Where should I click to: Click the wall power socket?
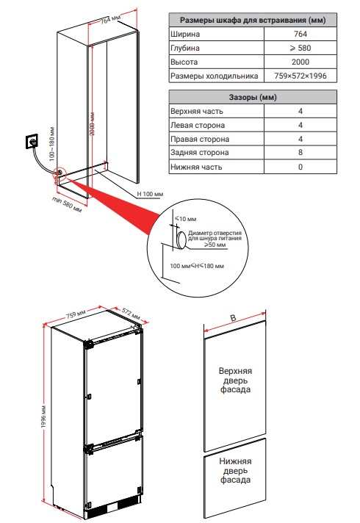32,142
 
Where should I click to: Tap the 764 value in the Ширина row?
300,34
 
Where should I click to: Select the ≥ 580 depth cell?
300,48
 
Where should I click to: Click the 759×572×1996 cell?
300,76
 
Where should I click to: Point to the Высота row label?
184,62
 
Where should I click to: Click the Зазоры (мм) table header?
253,98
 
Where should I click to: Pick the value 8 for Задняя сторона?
300,153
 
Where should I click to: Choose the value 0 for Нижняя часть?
300,167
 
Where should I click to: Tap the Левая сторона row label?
198,126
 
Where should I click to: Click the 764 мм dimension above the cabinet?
110,21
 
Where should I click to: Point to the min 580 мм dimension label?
67,204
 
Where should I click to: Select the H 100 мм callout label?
150,194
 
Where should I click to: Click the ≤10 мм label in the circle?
186,219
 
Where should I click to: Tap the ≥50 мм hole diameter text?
215,245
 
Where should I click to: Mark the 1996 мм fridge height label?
43,417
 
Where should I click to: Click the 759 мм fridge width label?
76,314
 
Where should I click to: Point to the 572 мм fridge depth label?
131,314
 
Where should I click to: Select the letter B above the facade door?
233,318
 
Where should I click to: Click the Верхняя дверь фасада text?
235,380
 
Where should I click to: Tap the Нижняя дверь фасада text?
235,471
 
